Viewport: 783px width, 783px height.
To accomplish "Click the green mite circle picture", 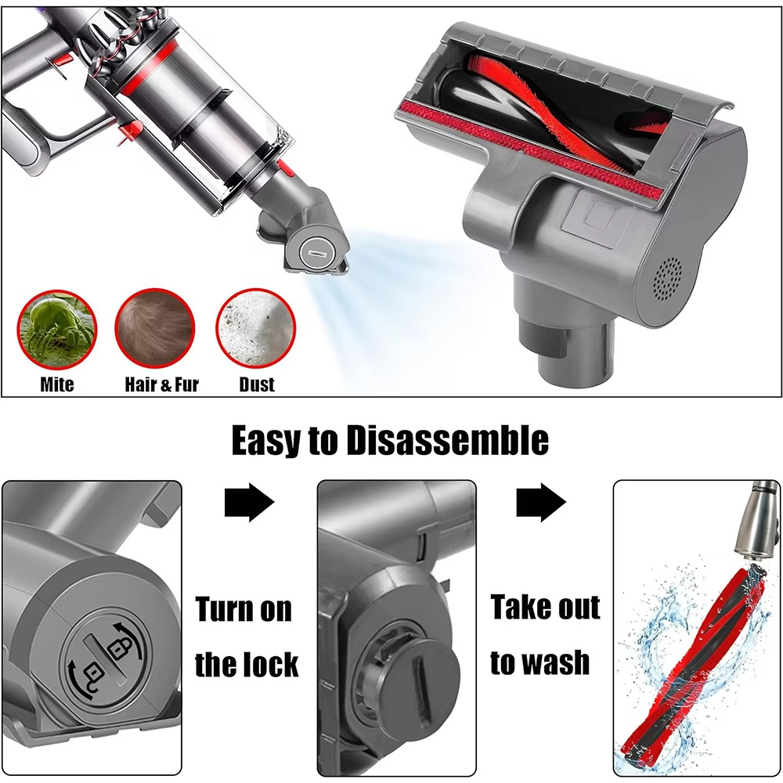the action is pos(57,329).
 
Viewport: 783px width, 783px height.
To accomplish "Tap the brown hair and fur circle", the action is pos(155,328).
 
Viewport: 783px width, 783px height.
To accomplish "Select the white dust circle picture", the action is pos(256,328).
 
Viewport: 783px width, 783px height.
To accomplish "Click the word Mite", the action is pos(57,384).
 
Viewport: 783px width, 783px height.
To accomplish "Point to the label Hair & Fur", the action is pos(162,384).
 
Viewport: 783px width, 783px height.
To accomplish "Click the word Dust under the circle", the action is pos(257,384).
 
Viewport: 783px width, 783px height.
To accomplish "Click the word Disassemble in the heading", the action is pos(447,440).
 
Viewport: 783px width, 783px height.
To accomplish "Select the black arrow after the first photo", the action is pos(250,503).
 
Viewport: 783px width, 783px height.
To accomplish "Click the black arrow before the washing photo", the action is pos(541,503).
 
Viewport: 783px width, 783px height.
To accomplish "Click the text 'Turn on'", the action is pos(244,609).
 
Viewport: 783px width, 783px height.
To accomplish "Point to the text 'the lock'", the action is pos(247,664).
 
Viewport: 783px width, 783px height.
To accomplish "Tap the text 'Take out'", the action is pos(545,607).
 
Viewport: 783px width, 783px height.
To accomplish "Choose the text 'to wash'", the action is pos(539,662).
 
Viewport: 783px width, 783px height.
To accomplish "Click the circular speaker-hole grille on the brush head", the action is pos(668,280).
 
